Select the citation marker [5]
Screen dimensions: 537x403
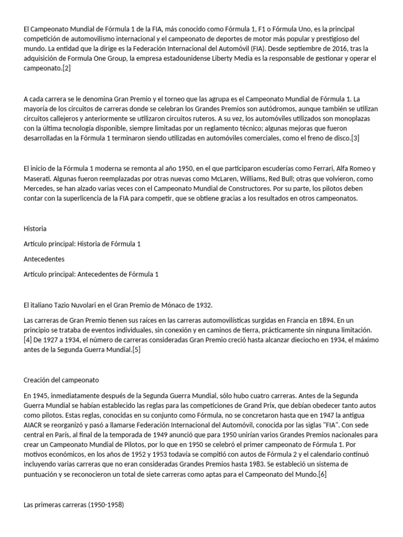click(x=136, y=350)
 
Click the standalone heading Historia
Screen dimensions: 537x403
click(x=35, y=229)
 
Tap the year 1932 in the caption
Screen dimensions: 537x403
click(x=204, y=305)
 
